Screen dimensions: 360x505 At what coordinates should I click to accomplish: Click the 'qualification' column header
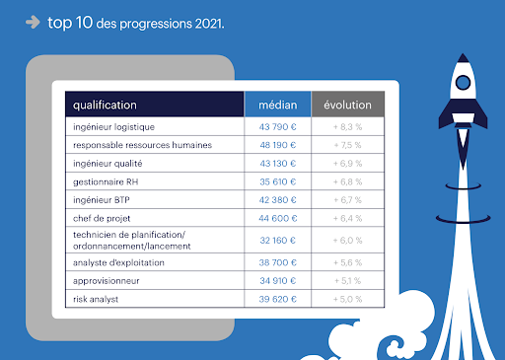(x=105, y=105)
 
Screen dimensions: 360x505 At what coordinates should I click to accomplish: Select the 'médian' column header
(x=277, y=105)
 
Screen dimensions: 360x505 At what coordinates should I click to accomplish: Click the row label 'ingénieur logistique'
(x=114, y=126)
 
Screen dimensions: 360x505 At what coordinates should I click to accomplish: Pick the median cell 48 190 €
(x=277, y=145)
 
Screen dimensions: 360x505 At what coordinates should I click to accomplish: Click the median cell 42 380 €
(x=277, y=199)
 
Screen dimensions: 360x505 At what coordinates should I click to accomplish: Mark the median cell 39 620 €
(x=277, y=298)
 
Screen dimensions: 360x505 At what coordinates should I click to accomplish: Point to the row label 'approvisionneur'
(x=106, y=280)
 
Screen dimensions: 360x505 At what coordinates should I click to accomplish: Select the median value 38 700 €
(x=277, y=261)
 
